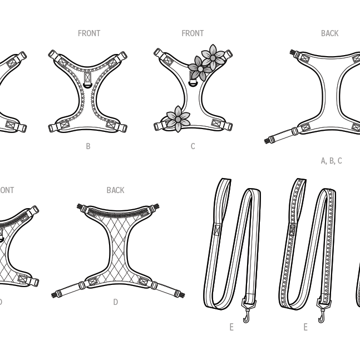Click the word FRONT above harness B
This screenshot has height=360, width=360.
[89, 33]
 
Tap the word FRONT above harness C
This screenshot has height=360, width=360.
[193, 33]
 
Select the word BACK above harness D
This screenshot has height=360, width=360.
[115, 190]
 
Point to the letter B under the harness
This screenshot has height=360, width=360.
[88, 146]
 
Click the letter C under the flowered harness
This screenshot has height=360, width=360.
[193, 146]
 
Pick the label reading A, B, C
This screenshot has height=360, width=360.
[331, 161]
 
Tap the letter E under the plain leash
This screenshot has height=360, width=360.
[231, 327]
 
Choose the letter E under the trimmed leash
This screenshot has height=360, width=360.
[305, 327]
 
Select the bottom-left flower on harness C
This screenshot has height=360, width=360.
[177, 119]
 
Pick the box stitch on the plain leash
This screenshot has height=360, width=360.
[216, 229]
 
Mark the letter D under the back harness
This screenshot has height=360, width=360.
[115, 303]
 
